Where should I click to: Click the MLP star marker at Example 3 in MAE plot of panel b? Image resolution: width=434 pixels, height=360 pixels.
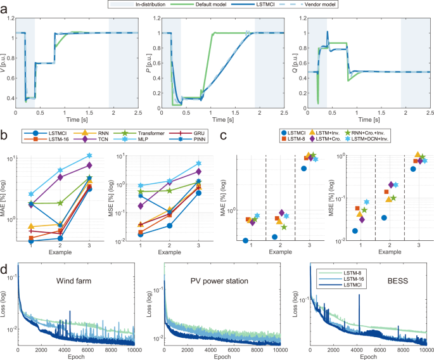[90, 155]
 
